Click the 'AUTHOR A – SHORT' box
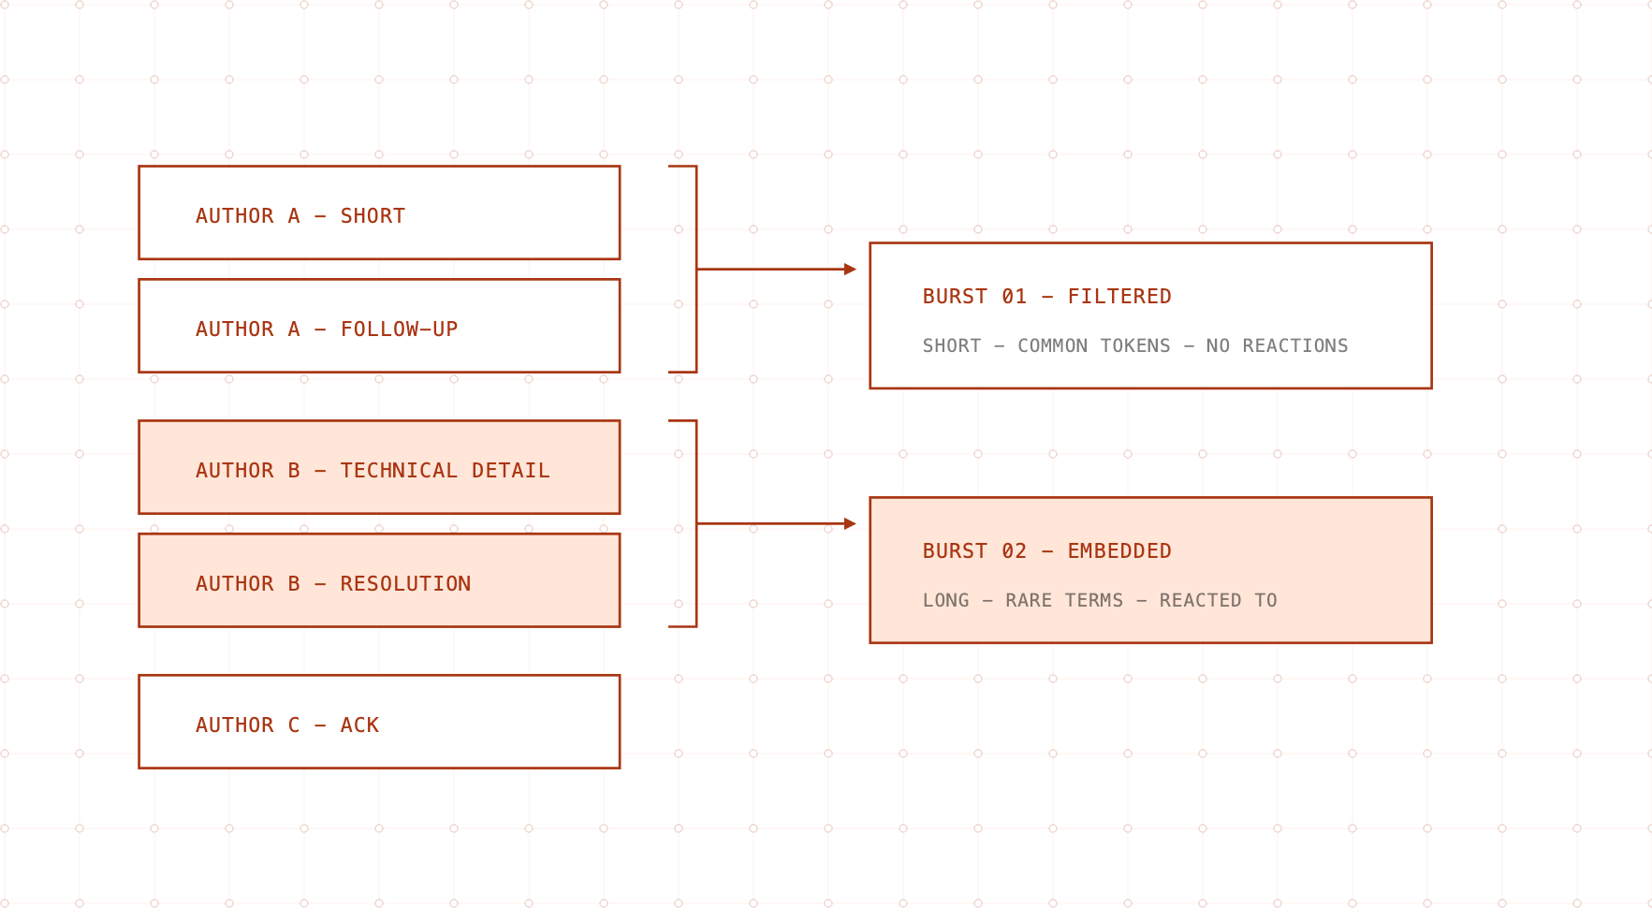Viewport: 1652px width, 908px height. pos(379,212)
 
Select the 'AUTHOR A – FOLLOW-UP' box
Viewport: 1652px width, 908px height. pos(379,326)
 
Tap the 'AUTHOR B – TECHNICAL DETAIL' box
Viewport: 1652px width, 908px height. pos(379,467)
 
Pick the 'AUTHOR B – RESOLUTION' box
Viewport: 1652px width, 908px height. pos(379,580)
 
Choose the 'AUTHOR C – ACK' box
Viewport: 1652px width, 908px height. pos(379,722)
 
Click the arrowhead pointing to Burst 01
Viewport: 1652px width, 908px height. pos(850,270)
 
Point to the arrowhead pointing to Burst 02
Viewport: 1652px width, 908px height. pos(850,524)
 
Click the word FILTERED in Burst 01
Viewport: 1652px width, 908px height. pos(1119,297)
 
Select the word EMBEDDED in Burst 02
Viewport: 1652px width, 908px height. pos(1119,551)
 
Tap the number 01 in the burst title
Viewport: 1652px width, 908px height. pos(1014,297)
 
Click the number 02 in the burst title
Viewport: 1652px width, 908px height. pos(1014,551)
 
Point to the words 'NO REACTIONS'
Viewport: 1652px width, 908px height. pos(1277,345)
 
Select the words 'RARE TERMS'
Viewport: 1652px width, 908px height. pos(1064,600)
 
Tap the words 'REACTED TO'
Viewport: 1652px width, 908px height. pos(1219,600)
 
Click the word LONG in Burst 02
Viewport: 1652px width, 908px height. pos(946,600)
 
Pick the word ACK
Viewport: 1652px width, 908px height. pos(359,725)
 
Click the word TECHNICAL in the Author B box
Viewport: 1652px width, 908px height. pos(399,471)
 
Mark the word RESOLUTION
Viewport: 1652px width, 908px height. pos(405,584)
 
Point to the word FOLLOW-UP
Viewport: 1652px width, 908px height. pos(399,330)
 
